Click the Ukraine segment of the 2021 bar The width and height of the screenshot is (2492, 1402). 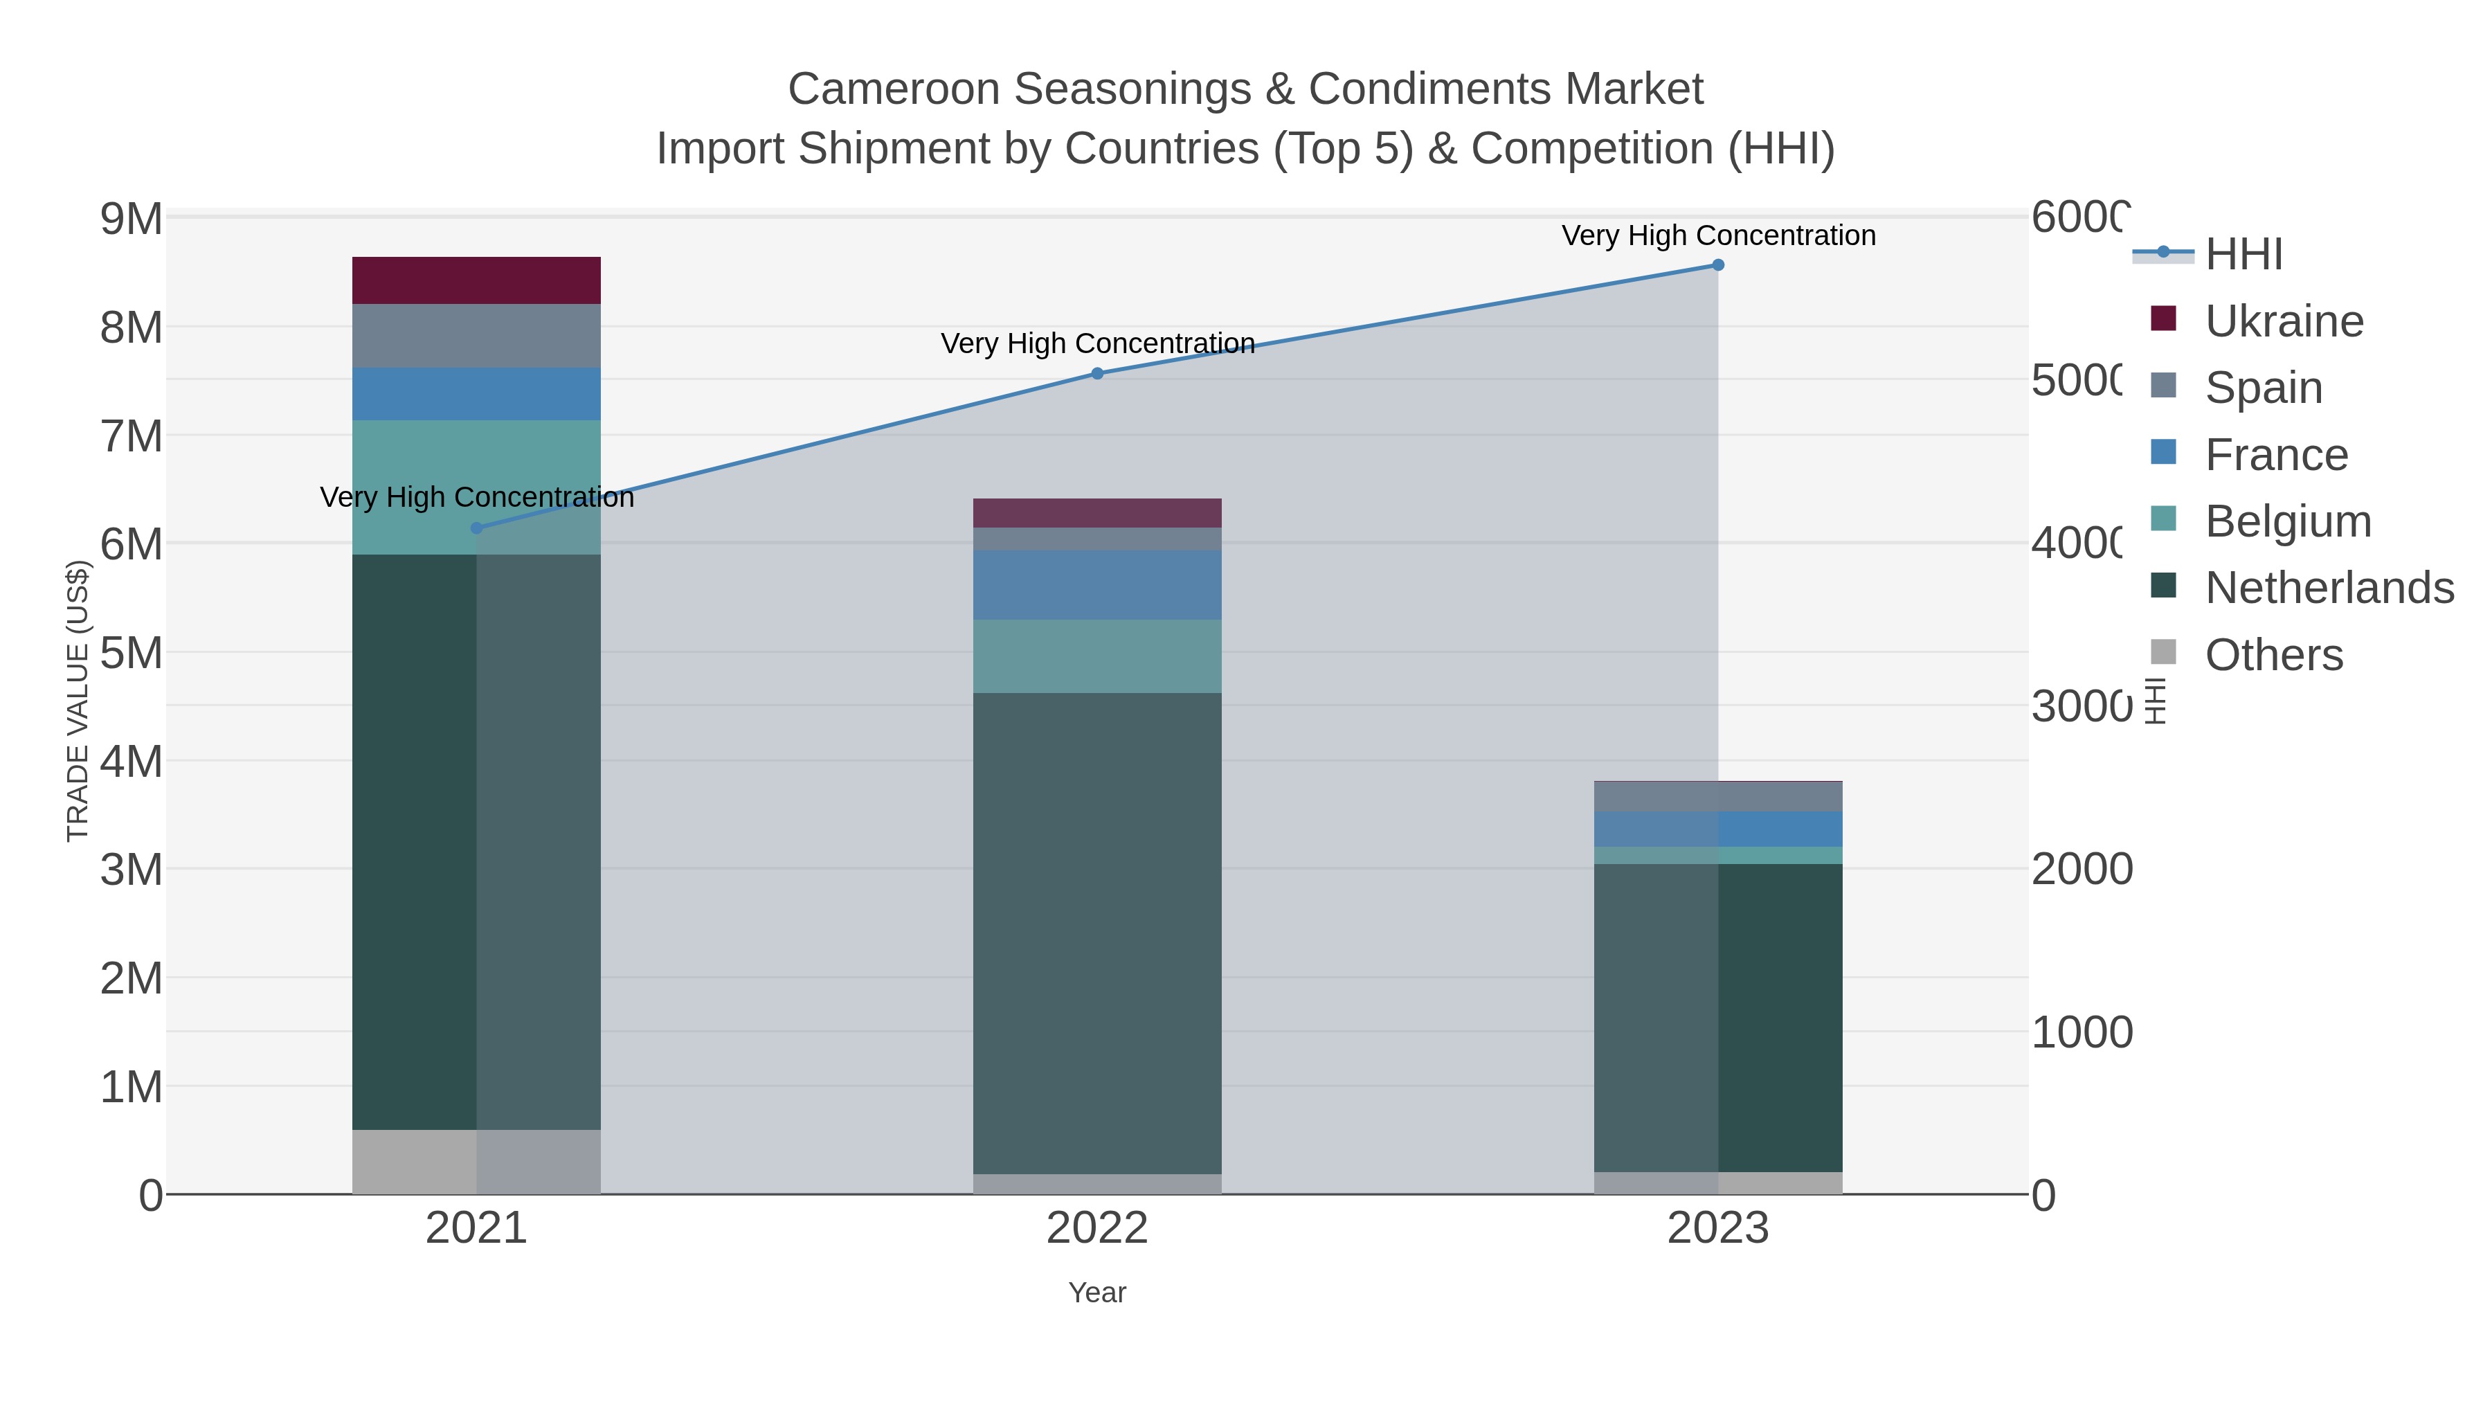[476, 280]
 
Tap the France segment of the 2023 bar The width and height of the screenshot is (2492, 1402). [1718, 829]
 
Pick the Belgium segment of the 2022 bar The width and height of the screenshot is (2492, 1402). [1097, 656]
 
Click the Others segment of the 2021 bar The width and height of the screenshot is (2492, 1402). [476, 1161]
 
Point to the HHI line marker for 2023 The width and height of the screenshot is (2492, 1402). [1718, 265]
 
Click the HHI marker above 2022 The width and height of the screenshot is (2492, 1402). [1097, 373]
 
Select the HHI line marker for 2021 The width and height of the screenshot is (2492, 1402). [476, 528]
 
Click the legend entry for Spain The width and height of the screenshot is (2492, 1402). [2264, 387]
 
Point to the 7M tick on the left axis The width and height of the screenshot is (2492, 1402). [132, 436]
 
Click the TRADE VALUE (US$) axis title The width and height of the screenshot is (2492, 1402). [78, 701]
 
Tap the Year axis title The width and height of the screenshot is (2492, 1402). [1097, 1293]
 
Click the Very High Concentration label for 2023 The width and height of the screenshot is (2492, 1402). [1718, 235]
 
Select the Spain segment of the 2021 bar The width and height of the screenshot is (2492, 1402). [476, 336]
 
